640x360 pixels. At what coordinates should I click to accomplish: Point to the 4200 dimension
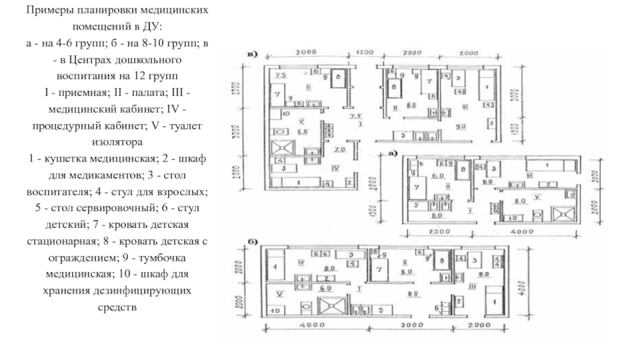(365, 52)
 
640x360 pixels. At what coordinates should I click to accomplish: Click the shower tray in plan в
(282, 149)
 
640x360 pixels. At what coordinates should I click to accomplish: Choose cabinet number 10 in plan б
(277, 309)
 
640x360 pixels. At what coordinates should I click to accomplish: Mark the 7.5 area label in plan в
(280, 74)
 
